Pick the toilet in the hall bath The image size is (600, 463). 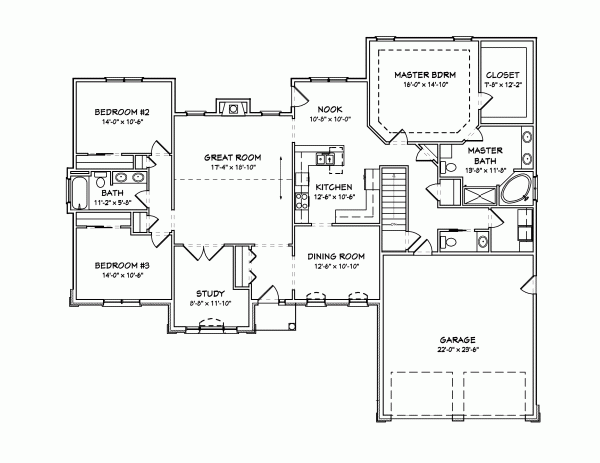click(100, 181)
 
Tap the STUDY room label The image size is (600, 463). click(210, 294)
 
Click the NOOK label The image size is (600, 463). click(330, 109)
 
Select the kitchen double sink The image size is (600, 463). click(326, 159)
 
